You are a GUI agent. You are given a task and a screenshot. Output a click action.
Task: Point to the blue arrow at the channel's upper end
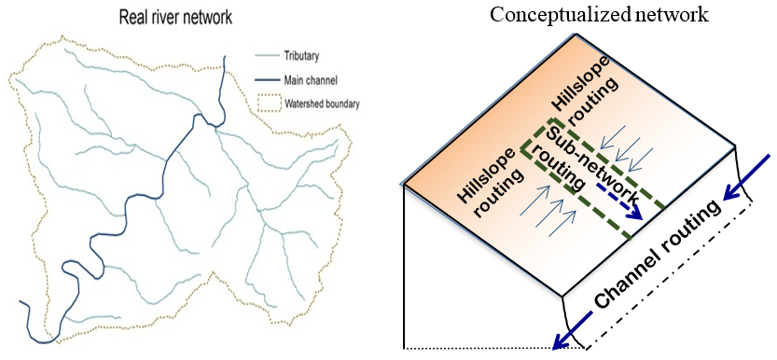(x=745, y=183)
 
